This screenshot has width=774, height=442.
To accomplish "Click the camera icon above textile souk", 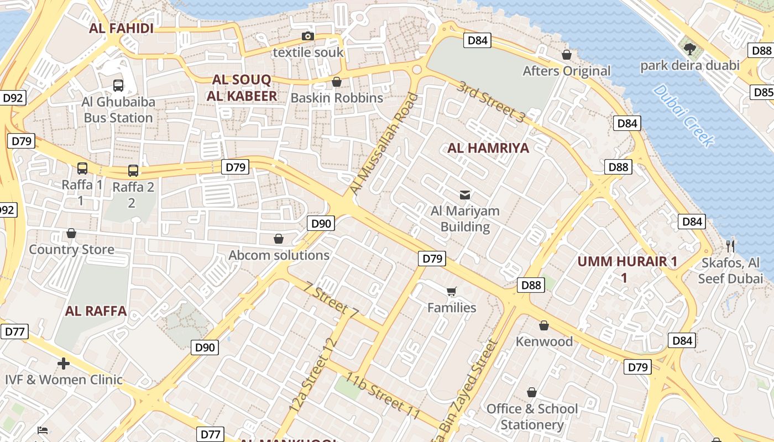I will pyautogui.click(x=308, y=36).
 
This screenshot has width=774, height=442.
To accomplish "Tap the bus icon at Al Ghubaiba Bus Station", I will pyautogui.click(x=118, y=85).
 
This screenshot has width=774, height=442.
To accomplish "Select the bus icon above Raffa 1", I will pyautogui.click(x=82, y=168).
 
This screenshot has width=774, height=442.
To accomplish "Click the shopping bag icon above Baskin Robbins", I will pyautogui.click(x=337, y=82).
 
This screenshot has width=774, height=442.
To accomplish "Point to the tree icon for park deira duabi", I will pyautogui.click(x=689, y=49).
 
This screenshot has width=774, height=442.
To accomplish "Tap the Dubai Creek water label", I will pyautogui.click(x=683, y=115).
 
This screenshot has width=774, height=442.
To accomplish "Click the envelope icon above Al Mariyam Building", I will pyautogui.click(x=465, y=194).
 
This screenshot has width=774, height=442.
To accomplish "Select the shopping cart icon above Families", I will pyautogui.click(x=452, y=291).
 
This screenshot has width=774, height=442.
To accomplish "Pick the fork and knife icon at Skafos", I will pyautogui.click(x=730, y=246).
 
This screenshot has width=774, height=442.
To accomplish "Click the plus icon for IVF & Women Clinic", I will pyautogui.click(x=64, y=363).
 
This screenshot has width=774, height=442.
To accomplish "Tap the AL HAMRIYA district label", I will pyautogui.click(x=488, y=148).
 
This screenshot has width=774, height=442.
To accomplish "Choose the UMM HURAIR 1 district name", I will pyautogui.click(x=627, y=262).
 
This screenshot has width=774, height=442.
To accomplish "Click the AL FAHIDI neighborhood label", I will pyautogui.click(x=121, y=29).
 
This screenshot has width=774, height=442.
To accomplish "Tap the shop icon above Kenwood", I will pyautogui.click(x=544, y=325).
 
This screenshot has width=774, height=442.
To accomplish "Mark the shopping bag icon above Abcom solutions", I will pyautogui.click(x=279, y=239).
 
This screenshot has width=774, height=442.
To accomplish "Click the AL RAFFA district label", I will pyautogui.click(x=96, y=311).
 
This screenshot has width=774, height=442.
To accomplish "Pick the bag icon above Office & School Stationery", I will pyautogui.click(x=532, y=392).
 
